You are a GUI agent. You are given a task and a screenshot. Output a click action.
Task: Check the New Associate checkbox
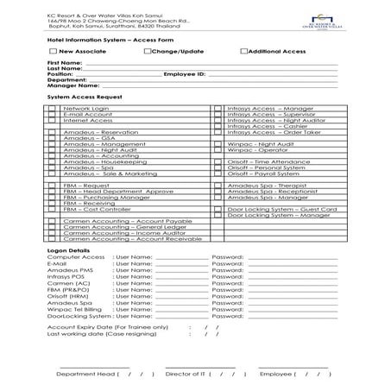[54, 52]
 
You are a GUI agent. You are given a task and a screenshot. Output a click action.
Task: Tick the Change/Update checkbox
[147, 52]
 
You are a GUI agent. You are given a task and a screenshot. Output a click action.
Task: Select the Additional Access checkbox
[244, 52]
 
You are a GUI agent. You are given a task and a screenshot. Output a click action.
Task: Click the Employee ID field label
[184, 75]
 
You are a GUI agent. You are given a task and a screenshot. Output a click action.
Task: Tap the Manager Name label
[73, 87]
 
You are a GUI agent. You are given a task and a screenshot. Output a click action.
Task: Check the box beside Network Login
[54, 109]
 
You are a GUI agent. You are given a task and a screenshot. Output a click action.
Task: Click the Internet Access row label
[88, 120]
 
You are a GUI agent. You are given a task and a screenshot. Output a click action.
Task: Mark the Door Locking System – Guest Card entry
[281, 209]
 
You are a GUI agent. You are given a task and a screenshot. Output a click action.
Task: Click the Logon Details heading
[67, 249]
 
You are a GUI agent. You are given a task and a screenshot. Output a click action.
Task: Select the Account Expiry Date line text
[112, 328]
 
